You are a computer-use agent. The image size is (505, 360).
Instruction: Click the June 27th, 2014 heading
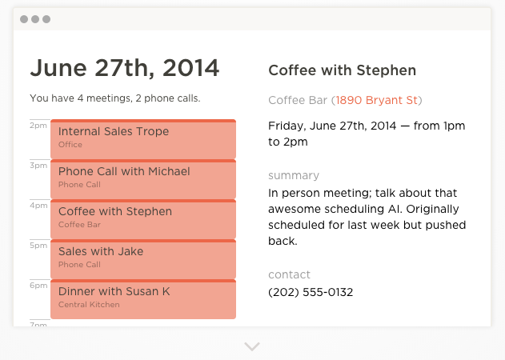pyautogui.click(x=125, y=68)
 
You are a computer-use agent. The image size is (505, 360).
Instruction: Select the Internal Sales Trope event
pyautogui.click(x=143, y=139)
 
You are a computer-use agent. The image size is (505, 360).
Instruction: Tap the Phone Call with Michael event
pyautogui.click(x=143, y=179)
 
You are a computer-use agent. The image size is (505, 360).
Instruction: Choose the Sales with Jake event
pyautogui.click(x=143, y=259)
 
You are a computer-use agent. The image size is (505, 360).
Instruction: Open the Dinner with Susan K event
pyautogui.click(x=143, y=299)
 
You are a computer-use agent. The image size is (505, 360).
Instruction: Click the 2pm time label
pyautogui.click(x=38, y=126)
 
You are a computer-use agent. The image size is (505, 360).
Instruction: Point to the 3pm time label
pyautogui.click(x=38, y=166)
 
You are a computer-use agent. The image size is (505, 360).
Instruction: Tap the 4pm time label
pyautogui.click(x=38, y=206)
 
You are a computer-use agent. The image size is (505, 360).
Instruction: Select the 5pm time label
pyautogui.click(x=38, y=246)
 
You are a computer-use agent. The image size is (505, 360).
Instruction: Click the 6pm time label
pyautogui.click(x=38, y=286)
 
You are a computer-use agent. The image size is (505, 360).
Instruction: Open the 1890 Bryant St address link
pyautogui.click(x=376, y=100)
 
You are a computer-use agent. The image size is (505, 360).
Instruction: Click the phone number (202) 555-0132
pyautogui.click(x=311, y=292)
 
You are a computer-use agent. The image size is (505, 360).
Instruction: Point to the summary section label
pyautogui.click(x=294, y=175)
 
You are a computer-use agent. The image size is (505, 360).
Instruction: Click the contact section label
pyautogui.click(x=289, y=274)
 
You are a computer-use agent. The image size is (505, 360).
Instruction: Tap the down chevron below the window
pyautogui.click(x=252, y=346)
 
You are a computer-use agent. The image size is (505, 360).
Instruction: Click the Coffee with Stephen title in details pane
pyautogui.click(x=342, y=70)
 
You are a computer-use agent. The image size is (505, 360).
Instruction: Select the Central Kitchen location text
pyautogui.click(x=89, y=305)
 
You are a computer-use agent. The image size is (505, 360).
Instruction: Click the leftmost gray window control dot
pyautogui.click(x=24, y=19)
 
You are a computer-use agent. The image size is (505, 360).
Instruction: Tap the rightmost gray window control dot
pyautogui.click(x=46, y=19)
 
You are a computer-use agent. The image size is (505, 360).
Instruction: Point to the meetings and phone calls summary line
pyautogui.click(x=115, y=98)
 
